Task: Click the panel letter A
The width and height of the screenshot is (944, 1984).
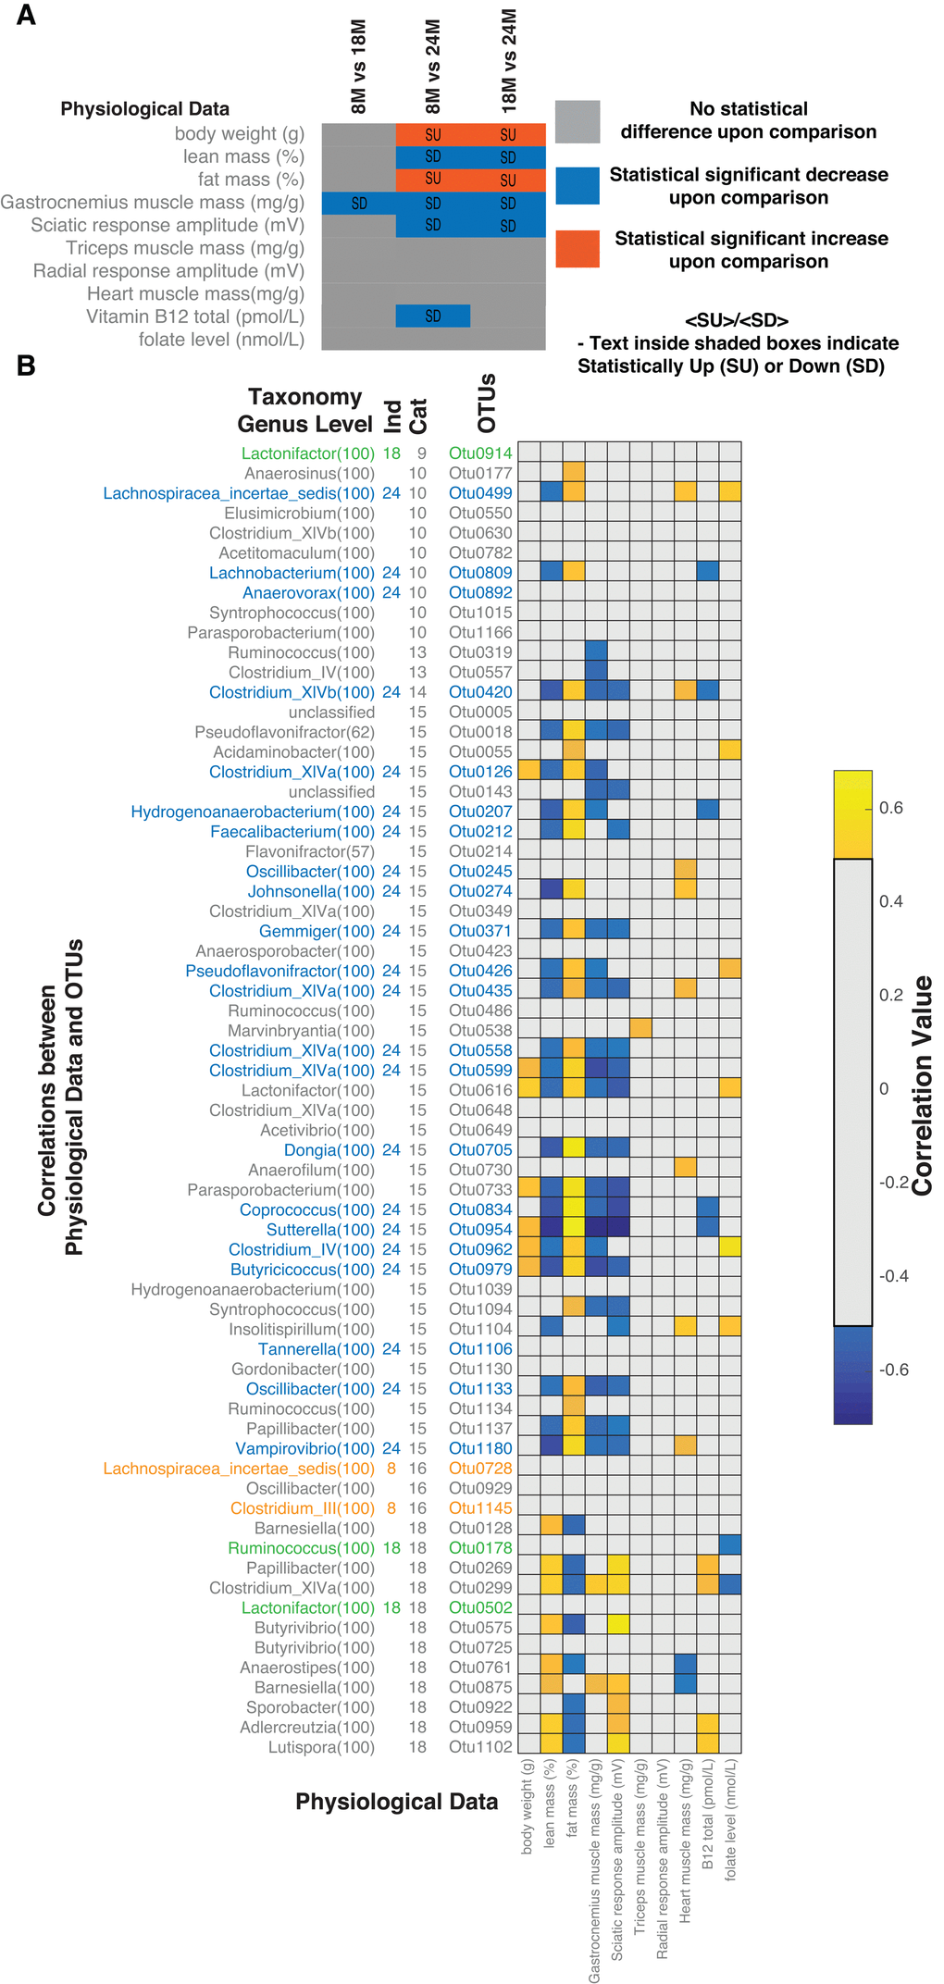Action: tap(27, 16)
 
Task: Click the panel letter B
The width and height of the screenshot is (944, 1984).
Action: tap(26, 366)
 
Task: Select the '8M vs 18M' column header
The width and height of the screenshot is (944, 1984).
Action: tap(359, 68)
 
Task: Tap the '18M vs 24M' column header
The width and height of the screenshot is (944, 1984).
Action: tap(508, 61)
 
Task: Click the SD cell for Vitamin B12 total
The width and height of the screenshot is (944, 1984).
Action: tap(433, 316)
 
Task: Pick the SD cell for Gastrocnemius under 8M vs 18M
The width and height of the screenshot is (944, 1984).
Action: tap(359, 203)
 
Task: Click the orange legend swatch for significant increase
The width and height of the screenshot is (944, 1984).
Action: tap(578, 249)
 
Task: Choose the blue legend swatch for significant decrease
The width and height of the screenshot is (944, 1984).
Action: tap(578, 185)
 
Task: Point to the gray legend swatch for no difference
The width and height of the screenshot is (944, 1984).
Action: tap(578, 121)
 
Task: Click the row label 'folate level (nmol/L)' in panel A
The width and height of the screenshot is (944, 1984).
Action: tap(221, 340)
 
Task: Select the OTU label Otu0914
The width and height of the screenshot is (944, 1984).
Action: tap(480, 453)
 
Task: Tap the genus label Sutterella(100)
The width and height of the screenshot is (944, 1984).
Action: tap(320, 1230)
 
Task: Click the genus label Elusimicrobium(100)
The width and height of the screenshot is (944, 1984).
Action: tap(299, 514)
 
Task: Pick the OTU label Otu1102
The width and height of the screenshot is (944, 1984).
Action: tap(480, 1747)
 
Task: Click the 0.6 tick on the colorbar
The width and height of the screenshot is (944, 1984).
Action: tap(891, 808)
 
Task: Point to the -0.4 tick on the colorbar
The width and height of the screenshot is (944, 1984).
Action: tap(891, 1276)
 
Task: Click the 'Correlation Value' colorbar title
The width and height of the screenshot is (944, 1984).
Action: tap(923, 1085)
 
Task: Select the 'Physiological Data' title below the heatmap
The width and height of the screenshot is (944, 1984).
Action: tap(396, 1802)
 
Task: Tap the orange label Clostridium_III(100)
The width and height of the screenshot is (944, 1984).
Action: tap(303, 1508)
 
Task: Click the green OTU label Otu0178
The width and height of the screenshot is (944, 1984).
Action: tap(480, 1548)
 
